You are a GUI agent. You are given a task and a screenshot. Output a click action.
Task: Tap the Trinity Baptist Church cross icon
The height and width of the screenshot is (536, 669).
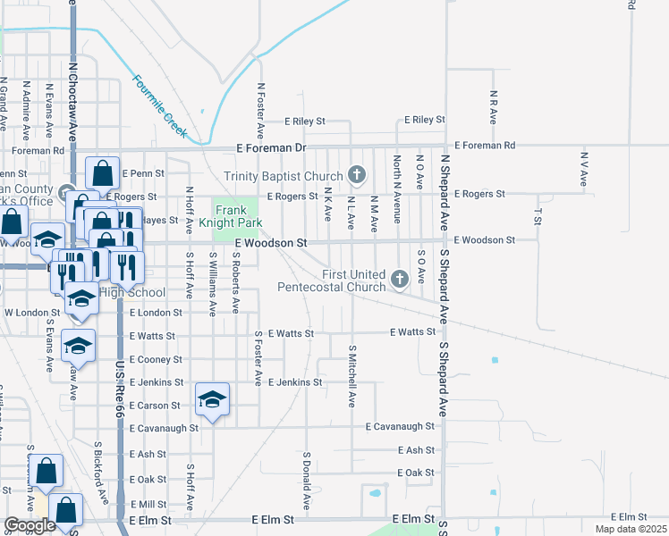(x=357, y=174)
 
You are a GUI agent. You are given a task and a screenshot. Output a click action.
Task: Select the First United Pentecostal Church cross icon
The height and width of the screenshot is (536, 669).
(x=400, y=279)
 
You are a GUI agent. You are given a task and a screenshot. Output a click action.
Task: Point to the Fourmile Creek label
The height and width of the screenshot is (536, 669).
(x=160, y=105)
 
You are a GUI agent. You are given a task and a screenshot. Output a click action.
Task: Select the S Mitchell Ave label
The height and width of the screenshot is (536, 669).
(x=352, y=376)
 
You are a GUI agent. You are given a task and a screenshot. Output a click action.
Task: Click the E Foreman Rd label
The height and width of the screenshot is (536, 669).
(x=485, y=145)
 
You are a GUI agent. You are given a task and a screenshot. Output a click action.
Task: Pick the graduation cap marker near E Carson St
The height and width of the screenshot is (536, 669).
(x=213, y=399)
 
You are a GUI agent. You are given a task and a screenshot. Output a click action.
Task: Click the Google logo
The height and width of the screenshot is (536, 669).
(x=30, y=525)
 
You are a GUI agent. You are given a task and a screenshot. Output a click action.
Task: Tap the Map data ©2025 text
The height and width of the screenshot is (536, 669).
(x=630, y=529)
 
